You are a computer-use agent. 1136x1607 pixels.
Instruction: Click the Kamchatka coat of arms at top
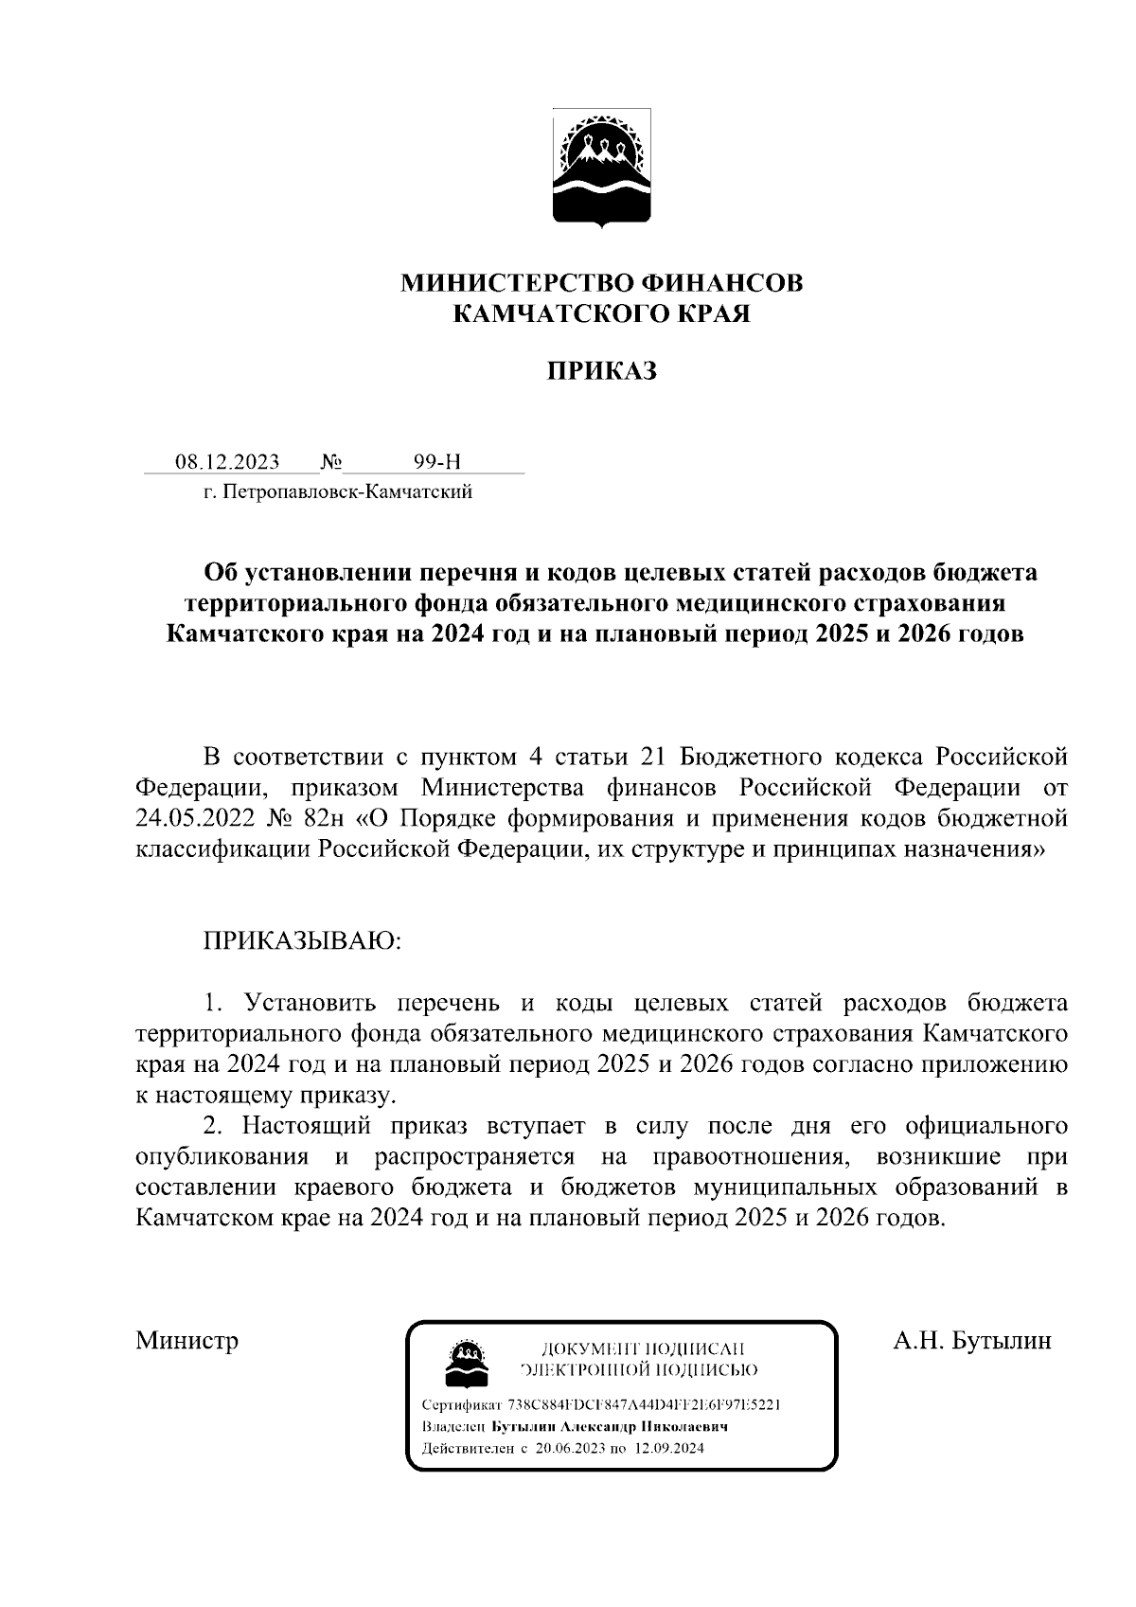pyautogui.click(x=601, y=171)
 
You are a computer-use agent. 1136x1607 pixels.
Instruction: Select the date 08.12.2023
pyautogui.click(x=227, y=462)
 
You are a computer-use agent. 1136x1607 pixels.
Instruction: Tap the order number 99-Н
pyautogui.click(x=437, y=462)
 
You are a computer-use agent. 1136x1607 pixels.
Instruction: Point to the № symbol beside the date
pyautogui.click(x=331, y=462)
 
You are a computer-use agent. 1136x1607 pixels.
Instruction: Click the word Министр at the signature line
pyautogui.click(x=186, y=1341)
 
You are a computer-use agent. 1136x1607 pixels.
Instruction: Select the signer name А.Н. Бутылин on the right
pyautogui.click(x=972, y=1341)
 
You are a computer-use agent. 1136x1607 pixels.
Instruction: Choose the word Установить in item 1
pyautogui.click(x=311, y=1003)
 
